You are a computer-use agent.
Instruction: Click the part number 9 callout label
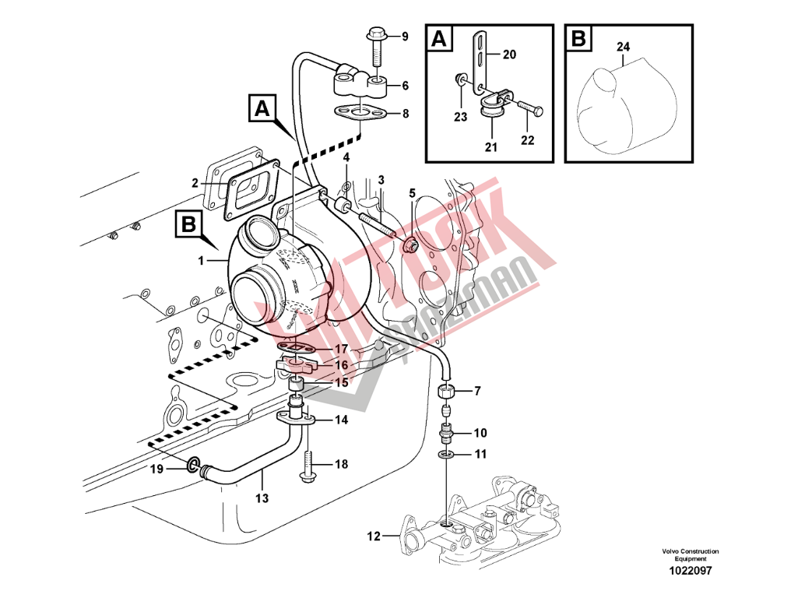(405, 37)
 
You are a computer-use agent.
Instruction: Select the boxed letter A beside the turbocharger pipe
(261, 107)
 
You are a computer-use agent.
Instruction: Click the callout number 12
(374, 536)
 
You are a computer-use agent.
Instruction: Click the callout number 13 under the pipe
(262, 498)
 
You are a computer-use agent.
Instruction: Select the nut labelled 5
(412, 247)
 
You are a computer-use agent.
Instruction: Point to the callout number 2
(195, 183)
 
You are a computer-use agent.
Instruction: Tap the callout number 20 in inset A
(509, 54)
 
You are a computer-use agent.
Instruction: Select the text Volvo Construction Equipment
(690, 554)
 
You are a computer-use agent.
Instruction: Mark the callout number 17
(342, 348)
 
